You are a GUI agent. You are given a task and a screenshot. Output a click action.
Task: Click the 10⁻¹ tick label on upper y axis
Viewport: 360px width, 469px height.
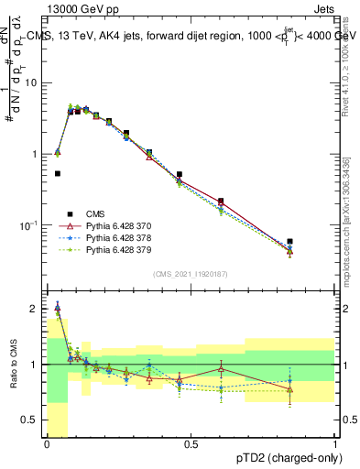pos(27,225)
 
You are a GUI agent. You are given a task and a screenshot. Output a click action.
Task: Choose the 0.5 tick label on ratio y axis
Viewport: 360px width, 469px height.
pos(32,420)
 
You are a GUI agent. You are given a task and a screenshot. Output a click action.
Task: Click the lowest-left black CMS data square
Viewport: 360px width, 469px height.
pos(58,173)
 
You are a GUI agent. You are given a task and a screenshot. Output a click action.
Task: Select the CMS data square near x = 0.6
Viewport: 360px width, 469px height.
pos(221,201)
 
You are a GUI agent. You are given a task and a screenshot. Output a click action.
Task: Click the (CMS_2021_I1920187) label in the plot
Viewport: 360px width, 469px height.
pos(191,274)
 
